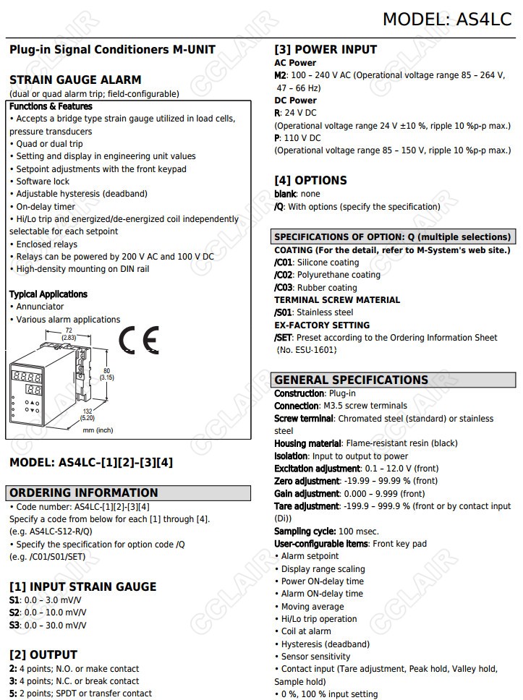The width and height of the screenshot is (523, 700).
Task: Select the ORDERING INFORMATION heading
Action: pos(83,493)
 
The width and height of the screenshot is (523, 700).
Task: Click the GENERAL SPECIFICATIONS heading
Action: pos(351,380)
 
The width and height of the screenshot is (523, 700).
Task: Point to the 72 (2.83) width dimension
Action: pos(68,334)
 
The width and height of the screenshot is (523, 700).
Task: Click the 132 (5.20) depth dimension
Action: pos(87,414)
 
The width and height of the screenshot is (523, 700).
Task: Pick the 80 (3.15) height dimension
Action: pos(106,374)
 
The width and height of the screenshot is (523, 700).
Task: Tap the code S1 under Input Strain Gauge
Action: pos(14,600)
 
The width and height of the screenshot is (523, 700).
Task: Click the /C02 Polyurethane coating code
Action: pos(284,275)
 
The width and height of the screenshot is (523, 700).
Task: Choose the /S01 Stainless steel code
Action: pos(284,312)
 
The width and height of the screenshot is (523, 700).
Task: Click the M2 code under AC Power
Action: pos(280,75)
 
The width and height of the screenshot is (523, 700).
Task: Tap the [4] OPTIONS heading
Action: pos(310,180)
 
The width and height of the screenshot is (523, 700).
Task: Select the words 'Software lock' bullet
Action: pos(43,182)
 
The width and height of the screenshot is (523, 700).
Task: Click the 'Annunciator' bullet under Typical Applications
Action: pos(40,307)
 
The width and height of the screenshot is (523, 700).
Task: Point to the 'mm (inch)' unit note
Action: pos(98,430)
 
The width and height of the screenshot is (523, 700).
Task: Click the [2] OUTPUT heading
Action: pos(43,655)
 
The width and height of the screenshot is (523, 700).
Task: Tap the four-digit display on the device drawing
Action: pos(27,377)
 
